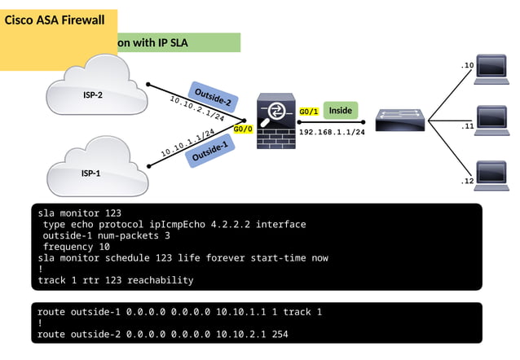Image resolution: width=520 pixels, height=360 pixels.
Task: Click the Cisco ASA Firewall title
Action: pos(55,20)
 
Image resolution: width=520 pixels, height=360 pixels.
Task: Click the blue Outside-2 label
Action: pos(212,98)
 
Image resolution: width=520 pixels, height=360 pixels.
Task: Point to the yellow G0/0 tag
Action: pos(243,129)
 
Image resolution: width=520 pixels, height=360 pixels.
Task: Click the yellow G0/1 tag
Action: pos(309,112)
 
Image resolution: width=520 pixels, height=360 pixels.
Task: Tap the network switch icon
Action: pos(400,121)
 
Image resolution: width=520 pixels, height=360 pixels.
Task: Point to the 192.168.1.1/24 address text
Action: pos(332,132)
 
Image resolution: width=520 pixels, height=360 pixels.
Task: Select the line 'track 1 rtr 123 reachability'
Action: pos(116,280)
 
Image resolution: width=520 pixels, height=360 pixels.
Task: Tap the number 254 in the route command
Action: pos(280,334)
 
